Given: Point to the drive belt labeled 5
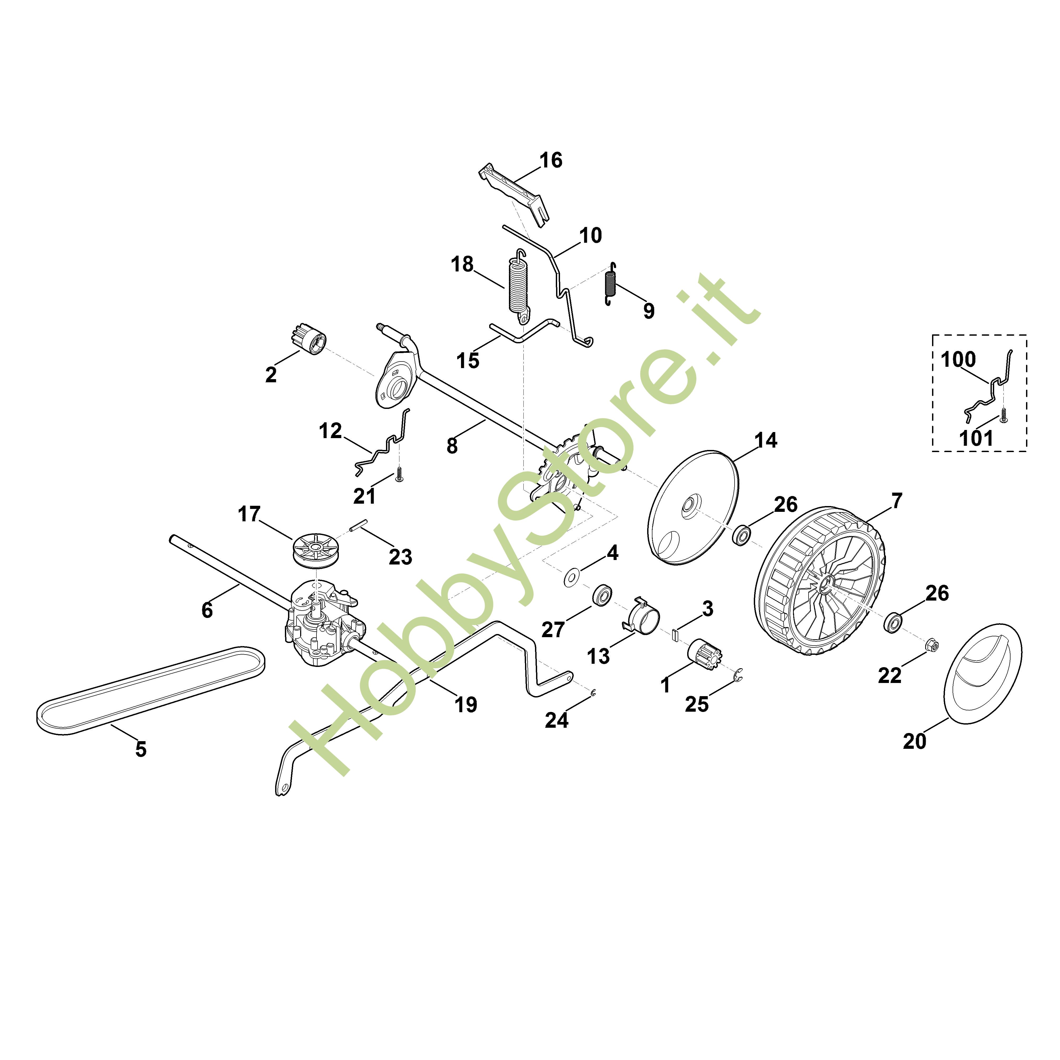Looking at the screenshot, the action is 150,691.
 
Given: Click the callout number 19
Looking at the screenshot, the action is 466,705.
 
